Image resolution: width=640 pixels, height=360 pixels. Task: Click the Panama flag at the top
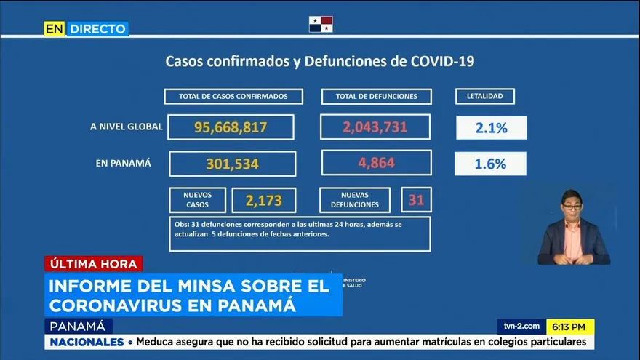321,24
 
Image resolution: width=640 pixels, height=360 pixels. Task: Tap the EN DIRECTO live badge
86,28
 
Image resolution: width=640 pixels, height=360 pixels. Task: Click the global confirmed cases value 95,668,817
231,127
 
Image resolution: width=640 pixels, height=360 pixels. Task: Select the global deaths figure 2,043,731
375,127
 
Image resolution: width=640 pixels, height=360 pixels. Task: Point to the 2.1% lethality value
491,128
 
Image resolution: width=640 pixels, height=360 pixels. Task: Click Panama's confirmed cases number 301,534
232,164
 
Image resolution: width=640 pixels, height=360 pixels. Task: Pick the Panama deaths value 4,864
376,163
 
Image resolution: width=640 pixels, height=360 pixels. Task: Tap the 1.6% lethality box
490,164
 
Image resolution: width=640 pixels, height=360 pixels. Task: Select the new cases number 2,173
263,200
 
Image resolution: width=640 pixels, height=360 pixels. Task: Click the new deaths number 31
416,199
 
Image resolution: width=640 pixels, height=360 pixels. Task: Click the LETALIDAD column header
485,96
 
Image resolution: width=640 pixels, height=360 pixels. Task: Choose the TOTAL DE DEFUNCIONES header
376,96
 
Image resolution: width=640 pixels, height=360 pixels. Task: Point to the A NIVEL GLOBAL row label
127,127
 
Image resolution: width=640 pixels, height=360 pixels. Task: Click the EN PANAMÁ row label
124,164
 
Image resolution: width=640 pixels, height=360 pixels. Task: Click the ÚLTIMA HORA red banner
93,264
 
